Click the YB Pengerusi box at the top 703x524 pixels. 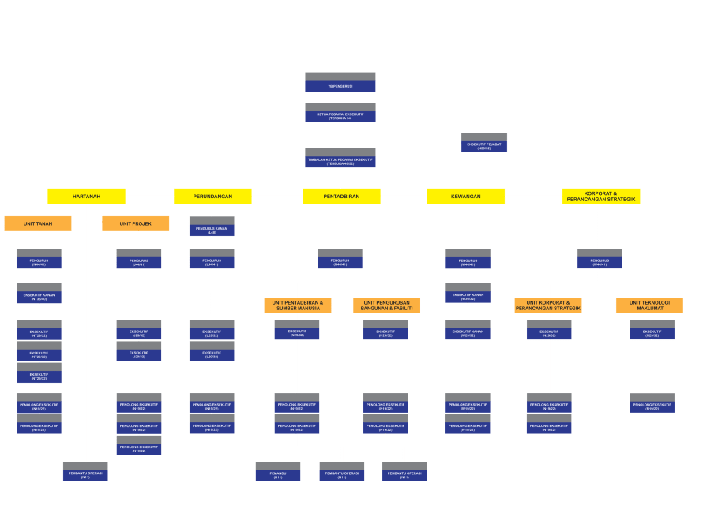click(340, 83)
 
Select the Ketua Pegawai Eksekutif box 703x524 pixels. click(340, 113)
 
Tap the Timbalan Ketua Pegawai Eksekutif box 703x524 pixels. click(340, 159)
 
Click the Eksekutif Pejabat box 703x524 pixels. click(484, 143)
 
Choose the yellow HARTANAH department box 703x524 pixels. click(86, 196)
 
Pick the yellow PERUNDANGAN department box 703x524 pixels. click(212, 196)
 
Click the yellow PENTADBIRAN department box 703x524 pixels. click(341, 196)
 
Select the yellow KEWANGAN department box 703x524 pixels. click(466, 196)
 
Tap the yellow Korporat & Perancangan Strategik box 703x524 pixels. click(601, 196)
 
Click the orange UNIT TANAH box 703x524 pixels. click(38, 223)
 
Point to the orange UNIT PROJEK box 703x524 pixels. click(136, 223)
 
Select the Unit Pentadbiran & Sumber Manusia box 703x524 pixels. click(298, 305)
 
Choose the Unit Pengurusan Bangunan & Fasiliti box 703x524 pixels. click(387, 305)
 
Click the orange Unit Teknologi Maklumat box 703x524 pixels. click(649, 305)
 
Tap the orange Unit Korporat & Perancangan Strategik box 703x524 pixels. click(548, 305)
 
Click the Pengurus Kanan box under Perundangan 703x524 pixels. click(212, 227)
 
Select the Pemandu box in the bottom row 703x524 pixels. click(278, 472)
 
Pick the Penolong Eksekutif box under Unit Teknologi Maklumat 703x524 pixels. click(652, 403)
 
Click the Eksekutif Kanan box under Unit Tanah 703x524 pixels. click(39, 294)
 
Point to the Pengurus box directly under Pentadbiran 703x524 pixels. click(340, 259)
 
